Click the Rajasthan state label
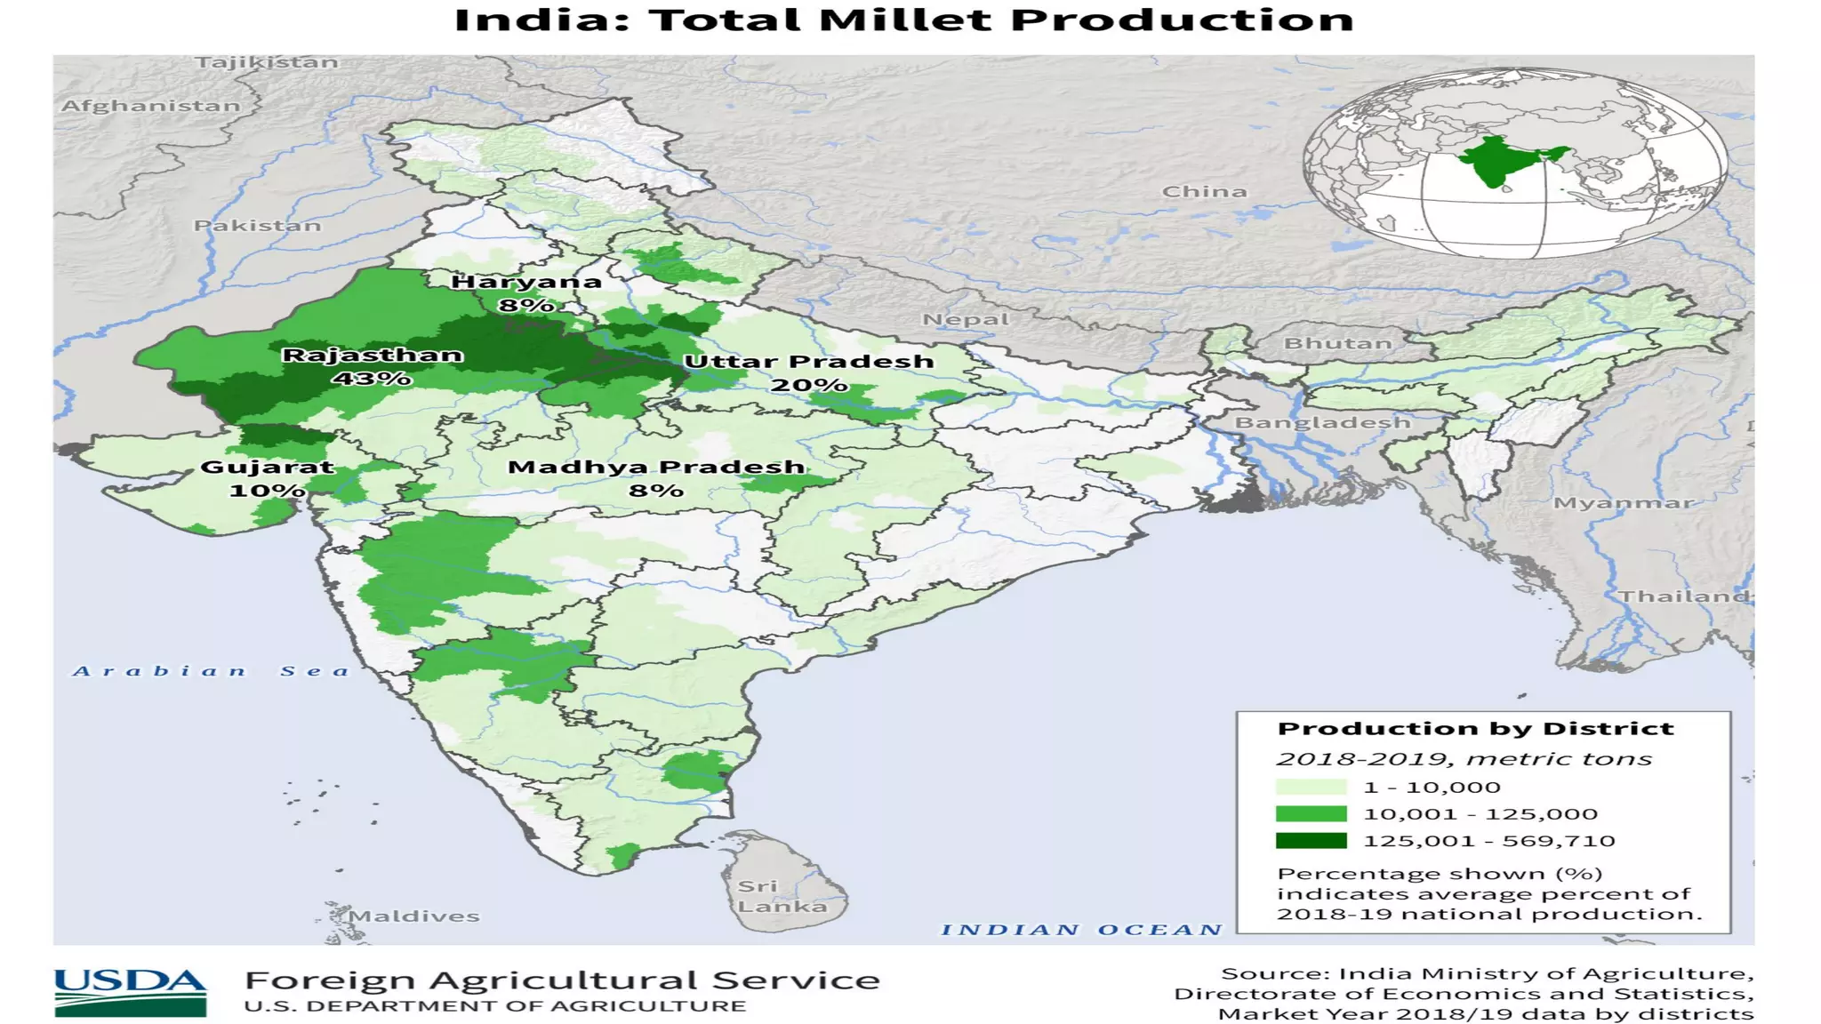[x=373, y=356]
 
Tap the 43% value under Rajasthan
[x=372, y=379]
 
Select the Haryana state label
[x=526, y=282]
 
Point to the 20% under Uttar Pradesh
[x=808, y=385]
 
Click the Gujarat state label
[x=267, y=467]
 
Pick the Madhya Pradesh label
[x=656, y=467]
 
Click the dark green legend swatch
[x=1311, y=841]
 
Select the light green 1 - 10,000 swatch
[x=1311, y=787]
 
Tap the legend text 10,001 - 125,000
[x=1480, y=814]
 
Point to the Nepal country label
[x=966, y=319]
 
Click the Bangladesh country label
[x=1322, y=422]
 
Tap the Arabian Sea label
[x=212, y=671]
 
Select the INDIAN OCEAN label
[x=1081, y=930]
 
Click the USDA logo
[x=130, y=992]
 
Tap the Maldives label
[x=413, y=916]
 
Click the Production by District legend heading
[x=1475, y=729]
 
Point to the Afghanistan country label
[x=150, y=106]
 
